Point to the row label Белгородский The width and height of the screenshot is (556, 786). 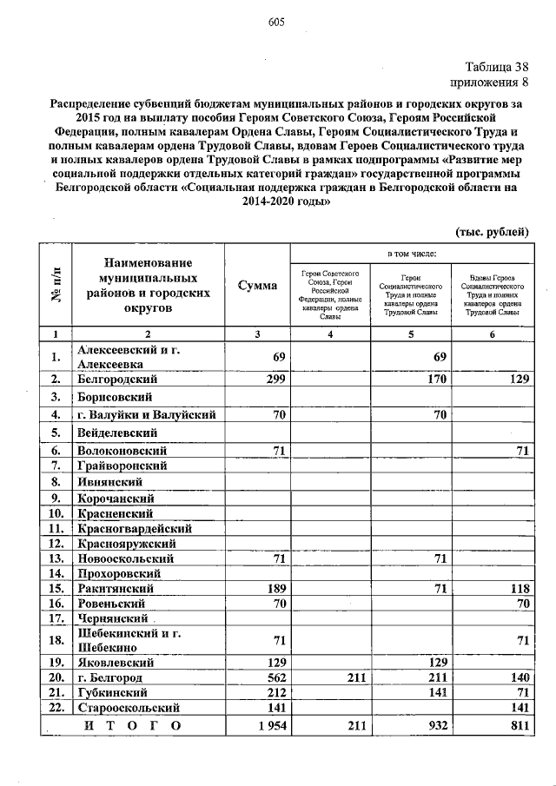[116, 380]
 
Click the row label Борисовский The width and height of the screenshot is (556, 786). [113, 397]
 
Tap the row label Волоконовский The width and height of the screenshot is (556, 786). [120, 450]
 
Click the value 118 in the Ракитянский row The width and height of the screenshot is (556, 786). [518, 589]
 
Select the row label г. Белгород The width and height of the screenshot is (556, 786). [109, 677]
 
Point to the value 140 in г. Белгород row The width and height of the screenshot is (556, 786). [518, 677]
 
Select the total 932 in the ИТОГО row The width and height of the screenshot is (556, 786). [435, 725]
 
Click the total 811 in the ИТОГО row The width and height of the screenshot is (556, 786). [518, 725]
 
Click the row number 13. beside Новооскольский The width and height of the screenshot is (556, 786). [56, 558]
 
